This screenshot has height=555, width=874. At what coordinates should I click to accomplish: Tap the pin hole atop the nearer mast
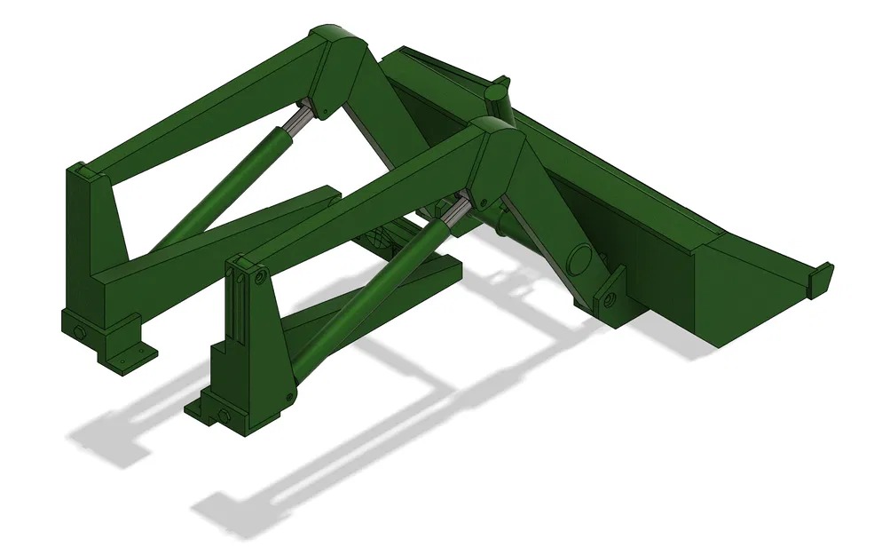259,278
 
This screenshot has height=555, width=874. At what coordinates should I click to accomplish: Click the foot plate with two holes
130,357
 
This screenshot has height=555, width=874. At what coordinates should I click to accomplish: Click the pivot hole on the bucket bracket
609,299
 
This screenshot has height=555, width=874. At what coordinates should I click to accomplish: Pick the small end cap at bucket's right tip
821,276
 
